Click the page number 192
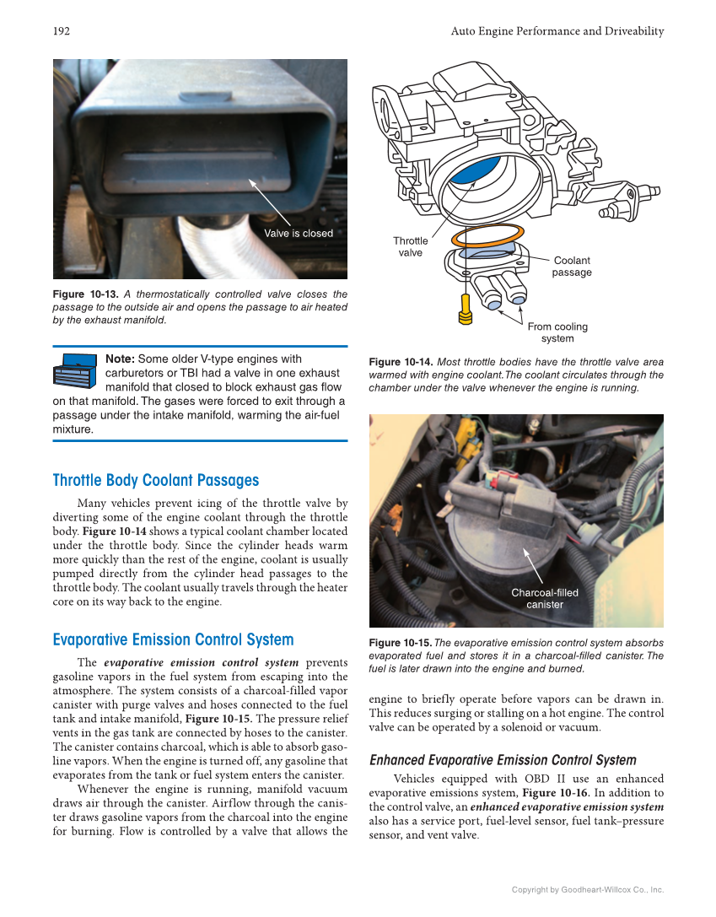tap(61, 31)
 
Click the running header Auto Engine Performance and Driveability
tap(557, 31)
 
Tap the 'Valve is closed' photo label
tap(299, 234)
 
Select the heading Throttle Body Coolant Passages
tap(155, 480)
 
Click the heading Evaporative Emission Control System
tap(173, 639)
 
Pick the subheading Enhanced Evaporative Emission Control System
tap(503, 760)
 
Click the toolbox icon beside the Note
tap(76, 370)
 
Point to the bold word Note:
tap(120, 359)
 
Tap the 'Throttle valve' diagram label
tap(411, 246)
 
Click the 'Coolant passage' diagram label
tap(571, 267)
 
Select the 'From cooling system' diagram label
tap(557, 332)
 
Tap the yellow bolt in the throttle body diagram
tap(463, 310)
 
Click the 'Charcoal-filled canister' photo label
tap(544, 598)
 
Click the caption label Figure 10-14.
tap(401, 362)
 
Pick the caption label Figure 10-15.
tap(400, 643)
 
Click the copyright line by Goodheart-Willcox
tap(588, 889)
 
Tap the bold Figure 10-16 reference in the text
tap(550, 793)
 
